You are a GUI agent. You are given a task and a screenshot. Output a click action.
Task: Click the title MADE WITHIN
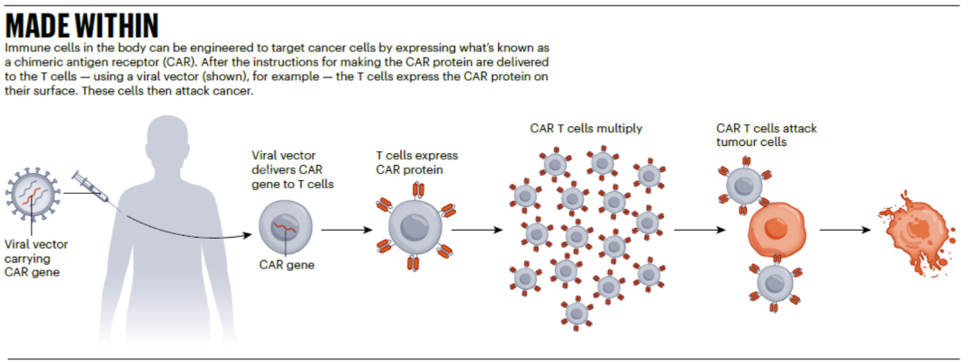click(82, 26)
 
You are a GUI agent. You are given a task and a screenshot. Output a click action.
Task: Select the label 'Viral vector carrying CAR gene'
click(36, 259)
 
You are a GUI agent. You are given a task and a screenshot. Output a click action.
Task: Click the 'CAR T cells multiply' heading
click(586, 129)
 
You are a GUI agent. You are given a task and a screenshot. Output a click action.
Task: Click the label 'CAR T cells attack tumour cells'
click(767, 135)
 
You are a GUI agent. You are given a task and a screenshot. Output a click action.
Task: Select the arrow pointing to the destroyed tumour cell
click(846, 230)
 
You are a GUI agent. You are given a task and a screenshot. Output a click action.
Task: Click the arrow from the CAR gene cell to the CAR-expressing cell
click(347, 230)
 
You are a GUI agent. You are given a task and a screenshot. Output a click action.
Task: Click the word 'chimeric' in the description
click(36, 63)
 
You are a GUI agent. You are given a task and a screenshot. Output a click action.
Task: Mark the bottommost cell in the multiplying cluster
click(577, 313)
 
